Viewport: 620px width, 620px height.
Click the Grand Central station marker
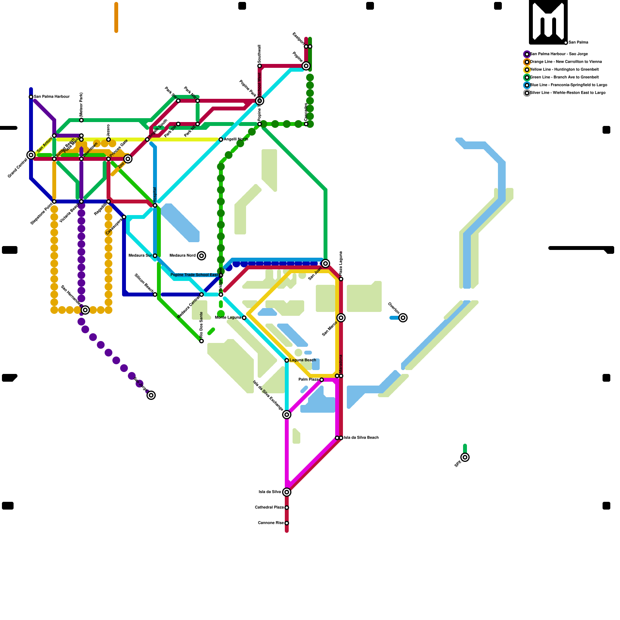click(x=31, y=155)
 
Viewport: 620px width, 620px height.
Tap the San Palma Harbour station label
click(x=52, y=97)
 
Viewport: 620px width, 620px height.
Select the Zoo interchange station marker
click(x=128, y=159)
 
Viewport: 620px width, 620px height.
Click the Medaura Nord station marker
click(x=201, y=256)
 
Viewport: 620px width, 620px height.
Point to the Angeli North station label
click(x=236, y=139)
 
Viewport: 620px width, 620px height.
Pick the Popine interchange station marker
click(x=306, y=66)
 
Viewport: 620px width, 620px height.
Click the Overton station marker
click(x=403, y=318)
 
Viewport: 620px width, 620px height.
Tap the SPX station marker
click(x=465, y=457)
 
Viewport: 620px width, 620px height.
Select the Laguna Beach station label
click(x=303, y=360)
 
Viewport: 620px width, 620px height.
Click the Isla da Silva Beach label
click(x=361, y=438)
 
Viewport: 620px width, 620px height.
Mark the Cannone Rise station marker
click(x=287, y=523)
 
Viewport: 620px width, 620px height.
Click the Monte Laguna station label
click(x=228, y=318)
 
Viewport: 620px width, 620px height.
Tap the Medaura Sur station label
click(x=140, y=256)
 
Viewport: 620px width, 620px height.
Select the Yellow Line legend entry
click(x=564, y=70)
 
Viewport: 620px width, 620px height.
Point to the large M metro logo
click(x=548, y=22)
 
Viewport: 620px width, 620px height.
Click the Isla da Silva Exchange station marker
click(x=287, y=415)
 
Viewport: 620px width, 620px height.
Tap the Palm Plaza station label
click(x=308, y=380)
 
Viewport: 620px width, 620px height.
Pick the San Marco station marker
click(x=341, y=318)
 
